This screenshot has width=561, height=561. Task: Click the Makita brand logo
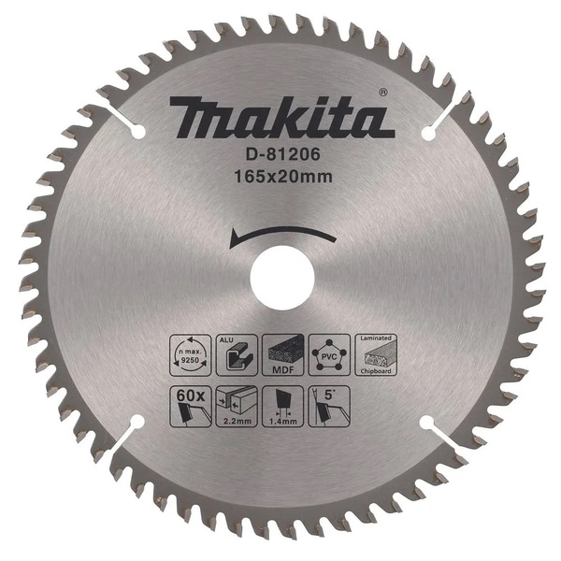279,119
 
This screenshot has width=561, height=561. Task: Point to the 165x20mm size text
278,174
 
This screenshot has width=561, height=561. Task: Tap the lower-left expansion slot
127,431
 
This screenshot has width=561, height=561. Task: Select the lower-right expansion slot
432,433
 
